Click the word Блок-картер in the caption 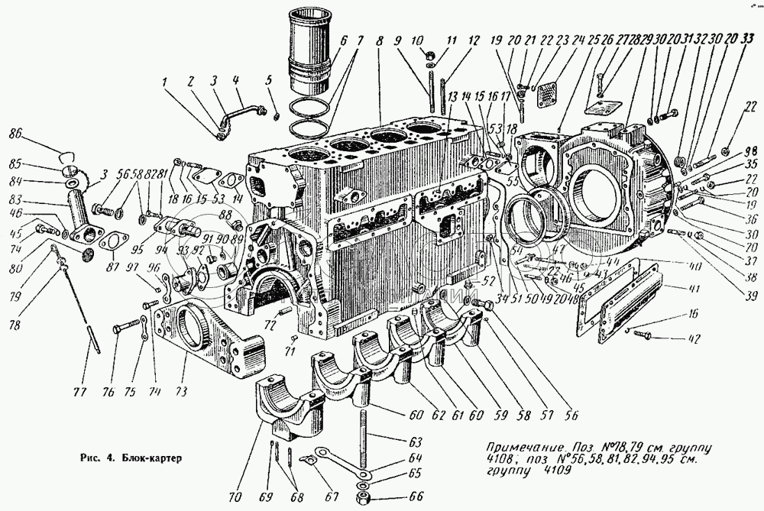(157, 459)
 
